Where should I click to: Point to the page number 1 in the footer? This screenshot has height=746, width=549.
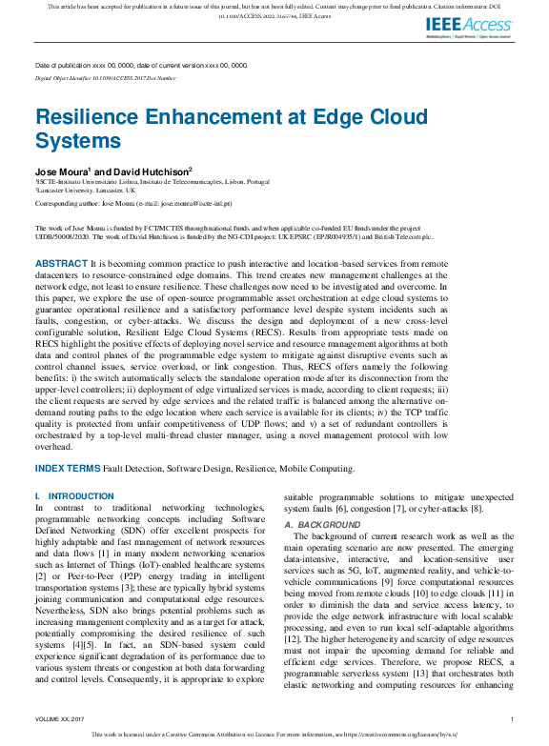coord(513,718)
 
